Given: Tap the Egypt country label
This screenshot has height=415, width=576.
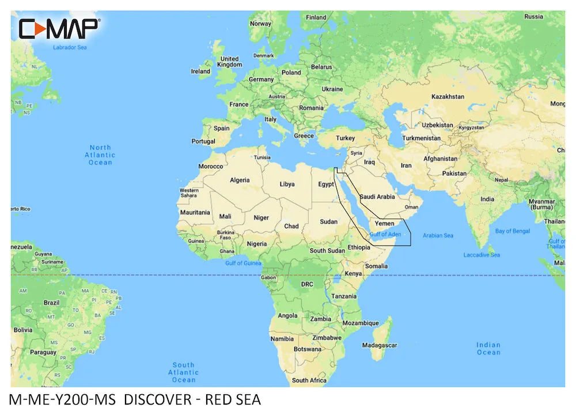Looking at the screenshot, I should [x=326, y=184].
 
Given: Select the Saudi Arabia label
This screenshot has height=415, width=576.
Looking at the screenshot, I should [x=377, y=197].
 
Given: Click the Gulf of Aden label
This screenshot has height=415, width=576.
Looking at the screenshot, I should [x=385, y=235].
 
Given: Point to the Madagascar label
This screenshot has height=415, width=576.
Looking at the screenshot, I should [x=380, y=345].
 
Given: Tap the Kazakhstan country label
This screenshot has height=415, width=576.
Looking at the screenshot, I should [x=448, y=96].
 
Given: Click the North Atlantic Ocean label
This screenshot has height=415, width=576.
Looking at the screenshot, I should [x=100, y=155].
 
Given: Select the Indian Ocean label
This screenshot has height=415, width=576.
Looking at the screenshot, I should [x=488, y=348].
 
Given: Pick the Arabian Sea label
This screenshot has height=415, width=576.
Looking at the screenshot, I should [x=438, y=235].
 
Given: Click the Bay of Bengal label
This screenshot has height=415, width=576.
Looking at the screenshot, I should [x=512, y=231].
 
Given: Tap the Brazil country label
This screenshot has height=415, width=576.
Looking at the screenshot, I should [x=52, y=302].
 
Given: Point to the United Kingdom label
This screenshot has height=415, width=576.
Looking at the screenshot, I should [x=230, y=62].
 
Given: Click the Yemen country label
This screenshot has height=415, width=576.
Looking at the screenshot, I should [x=385, y=223].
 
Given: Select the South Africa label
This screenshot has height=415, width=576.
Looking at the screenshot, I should [x=309, y=380].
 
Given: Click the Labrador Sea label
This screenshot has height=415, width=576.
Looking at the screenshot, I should [x=69, y=47].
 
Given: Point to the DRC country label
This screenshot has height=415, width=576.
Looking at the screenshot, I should [x=307, y=284].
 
